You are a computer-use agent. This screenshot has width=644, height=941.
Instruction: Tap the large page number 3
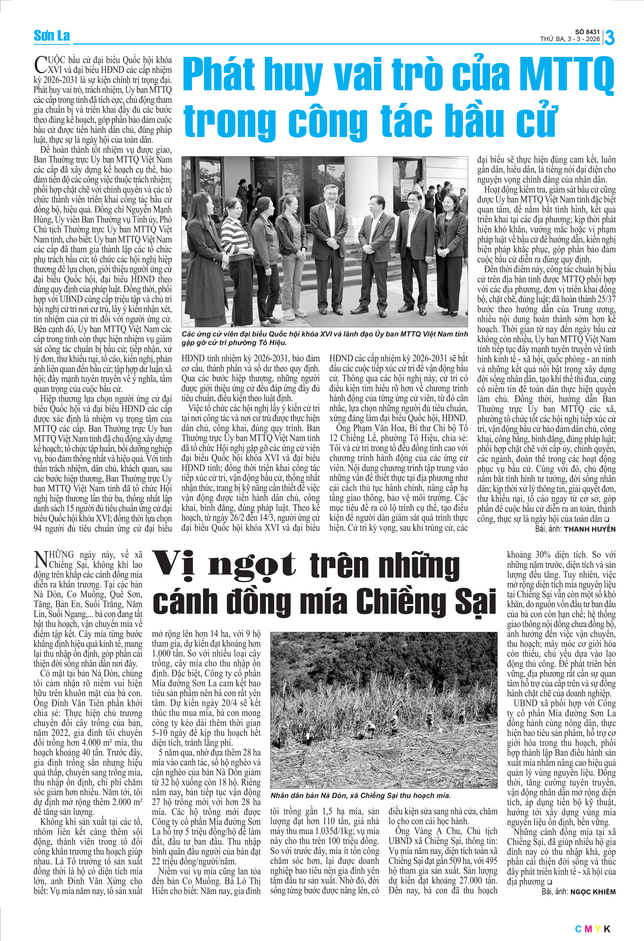(609, 38)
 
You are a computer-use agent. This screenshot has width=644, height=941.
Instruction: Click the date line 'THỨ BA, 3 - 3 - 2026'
(570, 39)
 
